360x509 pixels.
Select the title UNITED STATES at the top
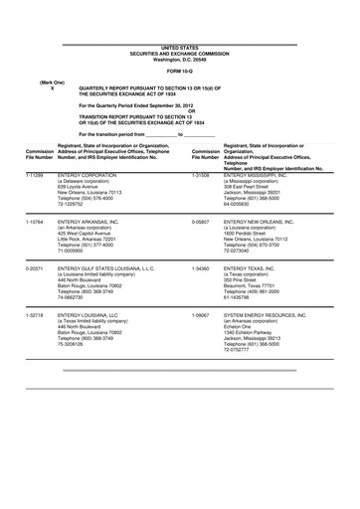coord(179,48)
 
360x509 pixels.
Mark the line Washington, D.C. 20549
coord(179,60)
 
